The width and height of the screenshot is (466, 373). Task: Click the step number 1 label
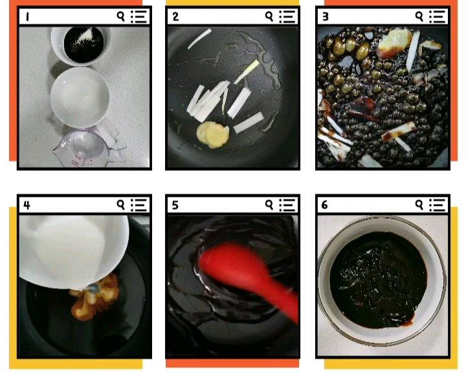27,17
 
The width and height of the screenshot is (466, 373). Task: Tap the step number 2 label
175,17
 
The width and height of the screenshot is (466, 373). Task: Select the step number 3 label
326,17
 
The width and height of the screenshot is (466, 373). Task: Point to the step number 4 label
27,205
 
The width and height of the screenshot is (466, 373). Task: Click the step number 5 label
175,205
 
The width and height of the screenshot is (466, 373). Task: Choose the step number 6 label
324,205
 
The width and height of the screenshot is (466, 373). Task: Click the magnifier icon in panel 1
120,17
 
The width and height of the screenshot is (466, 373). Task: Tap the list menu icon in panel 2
287,17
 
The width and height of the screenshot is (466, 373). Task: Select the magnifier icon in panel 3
419,17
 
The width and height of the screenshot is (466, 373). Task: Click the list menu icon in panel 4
139,205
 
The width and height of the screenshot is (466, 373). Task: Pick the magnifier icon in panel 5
269,205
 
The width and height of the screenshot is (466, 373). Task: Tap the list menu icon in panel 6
437,205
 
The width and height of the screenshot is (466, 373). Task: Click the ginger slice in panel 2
213,135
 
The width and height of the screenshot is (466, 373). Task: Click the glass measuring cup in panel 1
85,149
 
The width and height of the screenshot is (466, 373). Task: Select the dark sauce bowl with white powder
81,45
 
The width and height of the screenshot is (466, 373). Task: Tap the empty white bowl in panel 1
80,97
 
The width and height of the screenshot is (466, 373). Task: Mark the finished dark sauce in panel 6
378,279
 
